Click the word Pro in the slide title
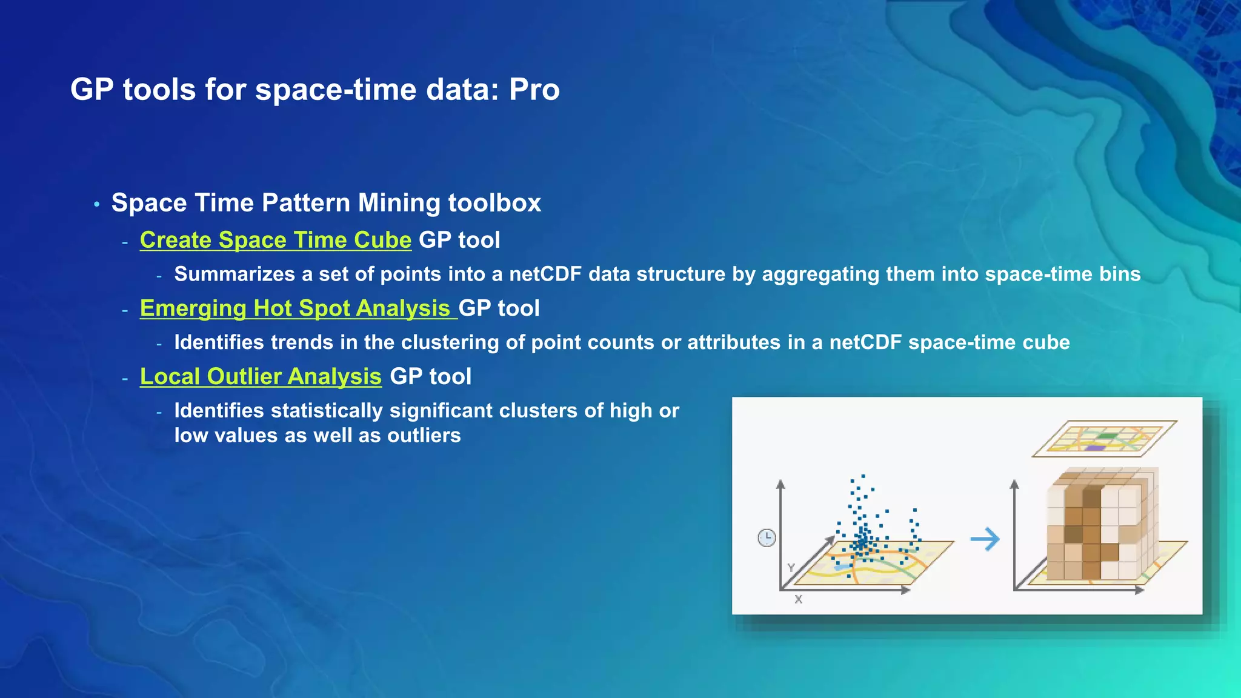click(x=534, y=90)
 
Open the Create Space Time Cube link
click(x=275, y=240)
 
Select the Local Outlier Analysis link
click(x=261, y=377)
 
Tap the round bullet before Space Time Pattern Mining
click(x=97, y=205)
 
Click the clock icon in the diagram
click(x=767, y=537)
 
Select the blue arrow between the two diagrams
click(x=985, y=539)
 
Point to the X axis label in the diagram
click(x=798, y=599)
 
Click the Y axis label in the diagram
click(x=791, y=568)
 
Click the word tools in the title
click(x=159, y=90)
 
